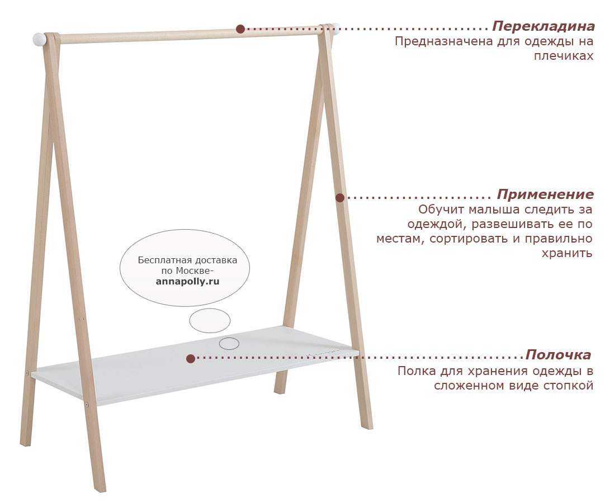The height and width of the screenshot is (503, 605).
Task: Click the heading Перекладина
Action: pos(543,26)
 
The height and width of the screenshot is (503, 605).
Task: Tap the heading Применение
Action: pos(545,194)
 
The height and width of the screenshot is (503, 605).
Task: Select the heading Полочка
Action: pos(559,354)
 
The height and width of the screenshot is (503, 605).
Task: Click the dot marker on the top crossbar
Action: pos(240,29)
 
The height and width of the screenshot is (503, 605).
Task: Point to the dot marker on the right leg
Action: pos(340,197)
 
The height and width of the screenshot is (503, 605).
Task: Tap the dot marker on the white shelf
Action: pos(191,359)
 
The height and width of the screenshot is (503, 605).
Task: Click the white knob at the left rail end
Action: pos(39,39)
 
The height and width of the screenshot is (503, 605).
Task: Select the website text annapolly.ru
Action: pos(187,282)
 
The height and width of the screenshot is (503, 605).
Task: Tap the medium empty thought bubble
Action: pos(210,321)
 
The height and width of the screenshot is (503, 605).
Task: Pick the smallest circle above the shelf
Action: pos(229,343)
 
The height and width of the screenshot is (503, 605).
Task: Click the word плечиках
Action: pos(564,56)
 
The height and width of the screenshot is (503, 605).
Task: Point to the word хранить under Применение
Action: pos(567,253)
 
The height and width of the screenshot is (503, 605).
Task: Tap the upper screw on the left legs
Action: pos(27,373)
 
